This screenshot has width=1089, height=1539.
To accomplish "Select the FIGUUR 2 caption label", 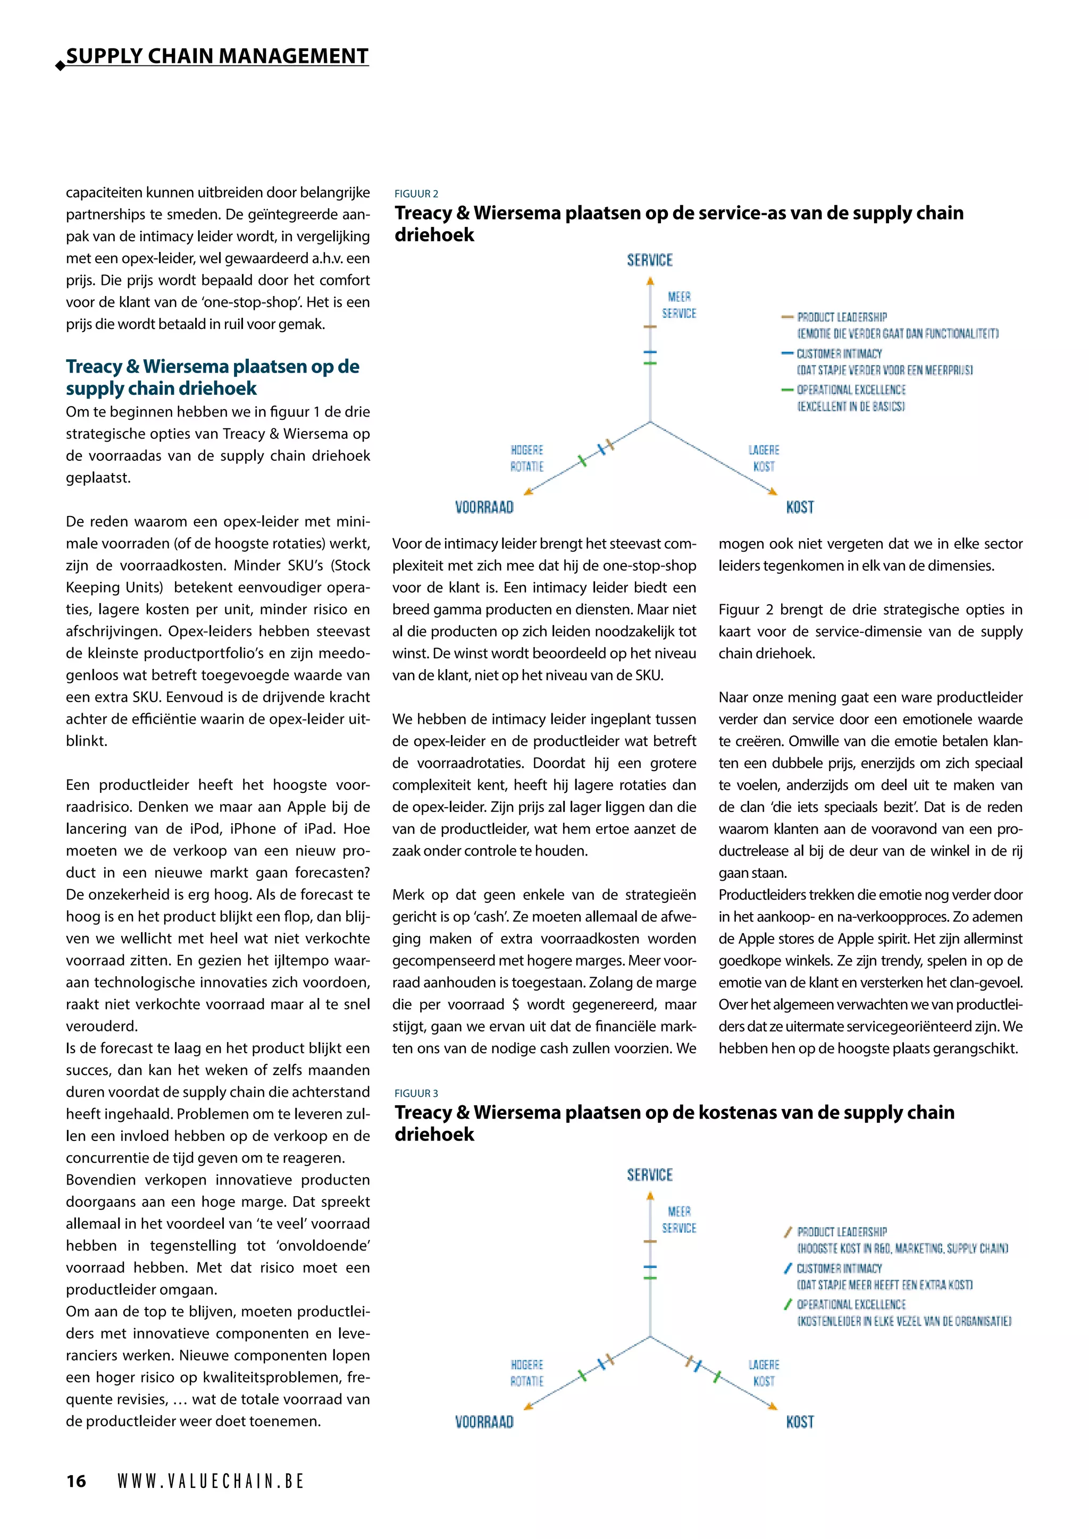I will pos(416,194).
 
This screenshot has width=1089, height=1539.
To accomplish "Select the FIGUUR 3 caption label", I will pos(416,1093).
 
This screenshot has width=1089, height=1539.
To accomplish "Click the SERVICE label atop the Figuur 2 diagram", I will pos(649,260).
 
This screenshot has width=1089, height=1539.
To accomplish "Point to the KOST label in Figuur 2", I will pos(800,508).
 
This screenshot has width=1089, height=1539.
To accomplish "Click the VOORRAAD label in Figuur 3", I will pos(484,1422).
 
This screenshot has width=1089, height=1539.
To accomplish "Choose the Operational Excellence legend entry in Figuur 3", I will pos(850,1305).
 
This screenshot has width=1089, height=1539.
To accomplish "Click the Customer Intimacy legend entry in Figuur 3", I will pos(838,1268).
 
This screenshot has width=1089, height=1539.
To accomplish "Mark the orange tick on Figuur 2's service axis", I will pos(650,326).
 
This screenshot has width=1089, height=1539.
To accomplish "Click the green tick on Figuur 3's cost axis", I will pos(717,1377).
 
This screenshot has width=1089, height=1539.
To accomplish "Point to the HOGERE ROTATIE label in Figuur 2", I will pos(527,458).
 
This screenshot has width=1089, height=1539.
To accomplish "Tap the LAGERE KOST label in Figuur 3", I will pos(764,1373).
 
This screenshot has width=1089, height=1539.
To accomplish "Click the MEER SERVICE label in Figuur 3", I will pos(678,1219).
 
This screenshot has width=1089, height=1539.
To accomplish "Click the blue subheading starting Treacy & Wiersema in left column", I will pos(212,377).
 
